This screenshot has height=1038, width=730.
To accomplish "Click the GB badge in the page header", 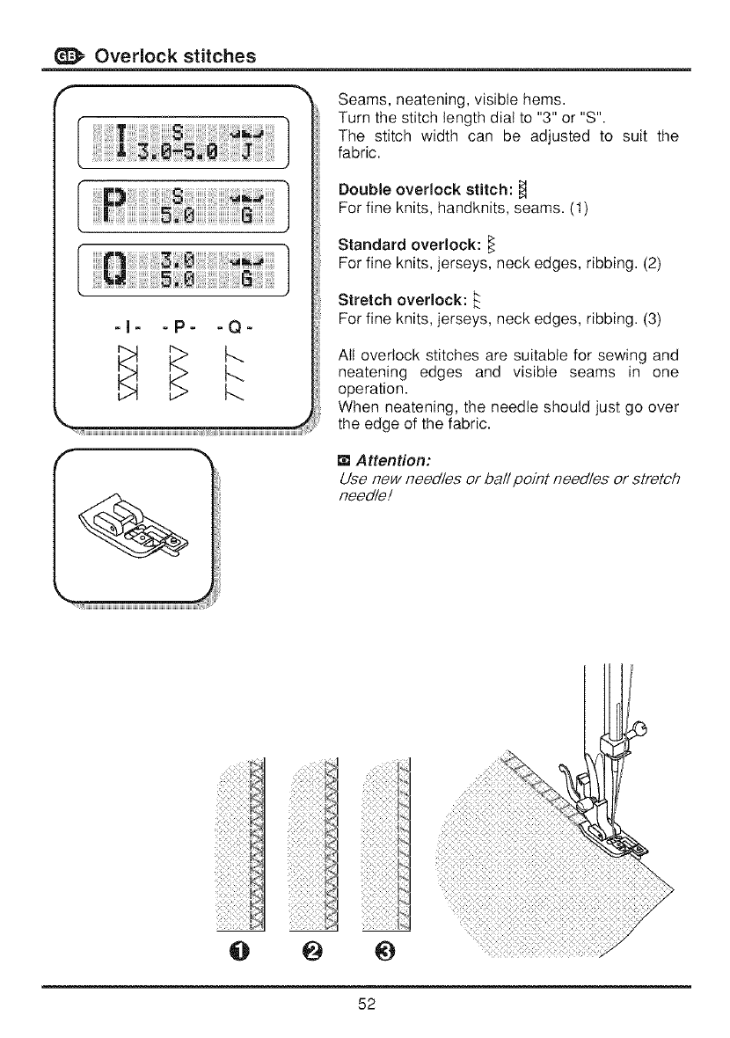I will pos(67,55).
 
